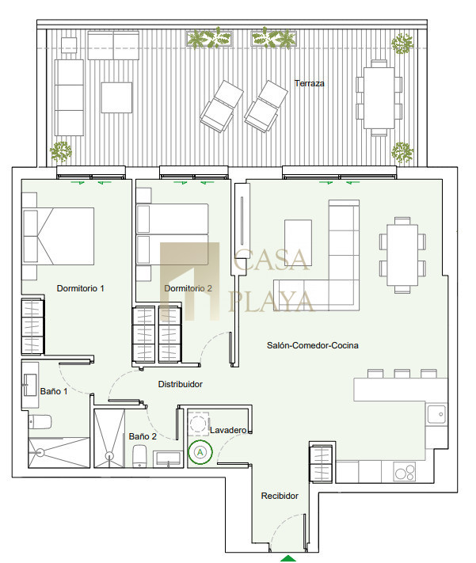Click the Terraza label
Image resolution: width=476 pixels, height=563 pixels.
tap(310, 83)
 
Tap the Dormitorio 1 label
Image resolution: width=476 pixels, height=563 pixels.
tap(81, 288)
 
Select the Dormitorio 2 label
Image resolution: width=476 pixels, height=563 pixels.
tap(188, 288)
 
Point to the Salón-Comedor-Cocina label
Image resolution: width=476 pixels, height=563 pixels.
tap(313, 345)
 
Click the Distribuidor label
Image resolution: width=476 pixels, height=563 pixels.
tap(181, 384)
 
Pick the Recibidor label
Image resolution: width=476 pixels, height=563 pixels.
tap(280, 496)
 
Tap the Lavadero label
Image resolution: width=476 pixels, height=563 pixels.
tap(228, 430)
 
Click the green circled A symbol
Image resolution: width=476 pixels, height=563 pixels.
tap(200, 452)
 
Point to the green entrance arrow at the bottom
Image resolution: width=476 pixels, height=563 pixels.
tap(288, 558)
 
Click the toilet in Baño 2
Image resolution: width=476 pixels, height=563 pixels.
tap(139, 456)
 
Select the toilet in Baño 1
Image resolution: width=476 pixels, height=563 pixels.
tap(40, 422)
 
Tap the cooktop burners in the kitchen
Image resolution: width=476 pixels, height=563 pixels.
tap(405, 472)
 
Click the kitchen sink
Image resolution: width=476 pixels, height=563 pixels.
tap(437, 414)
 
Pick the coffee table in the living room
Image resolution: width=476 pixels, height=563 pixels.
tap(298, 242)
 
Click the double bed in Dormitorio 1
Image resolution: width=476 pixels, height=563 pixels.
tap(58, 236)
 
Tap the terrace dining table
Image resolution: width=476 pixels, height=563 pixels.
tap(379, 98)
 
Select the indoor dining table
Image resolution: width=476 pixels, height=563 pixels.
tap(402, 255)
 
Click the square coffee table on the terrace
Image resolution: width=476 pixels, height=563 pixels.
tap(116, 97)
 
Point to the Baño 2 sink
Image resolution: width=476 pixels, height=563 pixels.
tap(168, 459)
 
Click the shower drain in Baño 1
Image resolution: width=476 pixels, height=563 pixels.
tap(40, 453)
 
